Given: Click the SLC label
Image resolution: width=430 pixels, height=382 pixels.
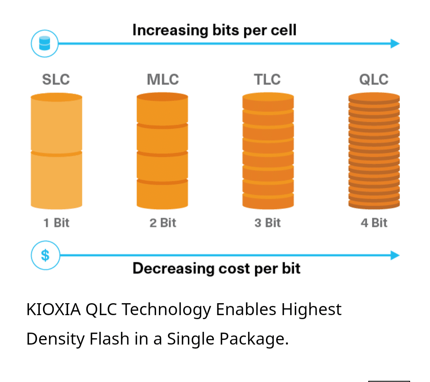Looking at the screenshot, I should pyautogui.click(x=56, y=79).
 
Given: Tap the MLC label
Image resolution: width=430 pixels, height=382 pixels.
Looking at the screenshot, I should pyautogui.click(x=162, y=79).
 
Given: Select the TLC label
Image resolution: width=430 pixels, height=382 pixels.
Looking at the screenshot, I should pyautogui.click(x=267, y=79).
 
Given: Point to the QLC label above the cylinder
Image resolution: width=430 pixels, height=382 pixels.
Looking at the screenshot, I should pyautogui.click(x=373, y=79).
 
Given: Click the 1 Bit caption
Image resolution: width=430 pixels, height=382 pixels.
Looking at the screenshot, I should pyautogui.click(x=56, y=223).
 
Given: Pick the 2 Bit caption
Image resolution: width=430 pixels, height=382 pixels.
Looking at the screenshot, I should pyautogui.click(x=162, y=223).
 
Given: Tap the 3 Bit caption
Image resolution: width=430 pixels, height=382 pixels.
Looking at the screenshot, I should pyautogui.click(x=268, y=223).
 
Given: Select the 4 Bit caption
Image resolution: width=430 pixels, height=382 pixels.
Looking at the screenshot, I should pyautogui.click(x=373, y=223).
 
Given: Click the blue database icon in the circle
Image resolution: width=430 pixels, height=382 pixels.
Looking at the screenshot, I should pyautogui.click(x=45, y=43).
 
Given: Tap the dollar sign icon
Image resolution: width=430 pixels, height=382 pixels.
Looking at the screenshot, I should pyautogui.click(x=45, y=255).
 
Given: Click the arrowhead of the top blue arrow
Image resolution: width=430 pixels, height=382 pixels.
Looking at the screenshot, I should pyautogui.click(x=395, y=43).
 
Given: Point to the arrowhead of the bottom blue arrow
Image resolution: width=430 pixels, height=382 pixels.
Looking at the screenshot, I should pyautogui.click(x=395, y=255).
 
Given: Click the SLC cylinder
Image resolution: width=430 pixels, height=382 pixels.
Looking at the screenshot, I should pyautogui.click(x=56, y=151).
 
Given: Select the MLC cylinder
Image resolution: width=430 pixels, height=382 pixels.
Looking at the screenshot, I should pyautogui.click(x=162, y=151).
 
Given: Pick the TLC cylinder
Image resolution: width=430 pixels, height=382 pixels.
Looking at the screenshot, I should pyautogui.click(x=268, y=151).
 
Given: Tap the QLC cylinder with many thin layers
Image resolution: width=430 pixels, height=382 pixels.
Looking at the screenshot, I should pyautogui.click(x=374, y=151).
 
